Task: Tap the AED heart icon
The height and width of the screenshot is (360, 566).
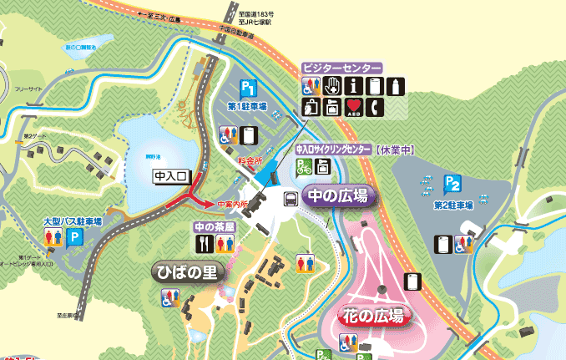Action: pyautogui.click(x=354, y=105)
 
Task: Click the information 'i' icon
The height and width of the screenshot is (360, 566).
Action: pyautogui.click(x=354, y=84)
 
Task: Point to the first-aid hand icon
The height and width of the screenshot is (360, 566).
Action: pyautogui.click(x=331, y=84)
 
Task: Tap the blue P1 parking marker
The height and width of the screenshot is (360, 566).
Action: pyautogui.click(x=247, y=89)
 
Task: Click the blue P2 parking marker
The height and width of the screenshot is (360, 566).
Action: pyautogui.click(x=452, y=183)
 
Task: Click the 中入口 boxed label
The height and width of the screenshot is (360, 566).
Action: pyautogui.click(x=173, y=177)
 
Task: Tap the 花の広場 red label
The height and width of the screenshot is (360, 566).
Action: pyautogui.click(x=372, y=317)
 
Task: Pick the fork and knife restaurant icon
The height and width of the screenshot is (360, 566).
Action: pyautogui.click(x=205, y=243)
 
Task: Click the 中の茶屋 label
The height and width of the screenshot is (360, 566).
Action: pyautogui.click(x=214, y=226)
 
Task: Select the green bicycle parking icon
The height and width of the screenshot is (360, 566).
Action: pyautogui.click(x=301, y=168)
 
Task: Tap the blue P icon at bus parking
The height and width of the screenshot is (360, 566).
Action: pyautogui.click(x=75, y=237)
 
